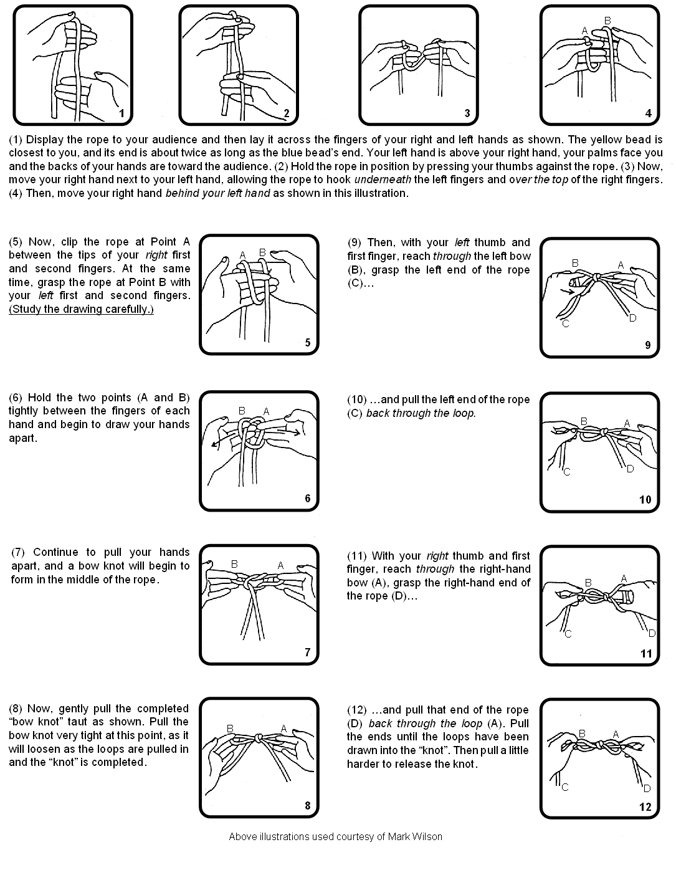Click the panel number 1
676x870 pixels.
(122, 113)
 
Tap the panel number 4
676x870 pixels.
(649, 113)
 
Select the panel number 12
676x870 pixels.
(645, 806)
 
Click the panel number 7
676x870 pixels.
(307, 652)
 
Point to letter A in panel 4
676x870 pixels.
(584, 30)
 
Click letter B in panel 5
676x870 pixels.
(262, 252)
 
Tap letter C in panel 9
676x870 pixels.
(565, 323)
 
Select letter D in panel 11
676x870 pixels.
(652, 634)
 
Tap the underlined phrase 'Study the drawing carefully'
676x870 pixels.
(81, 309)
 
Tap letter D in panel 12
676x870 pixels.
(647, 788)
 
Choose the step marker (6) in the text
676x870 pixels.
(17, 398)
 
